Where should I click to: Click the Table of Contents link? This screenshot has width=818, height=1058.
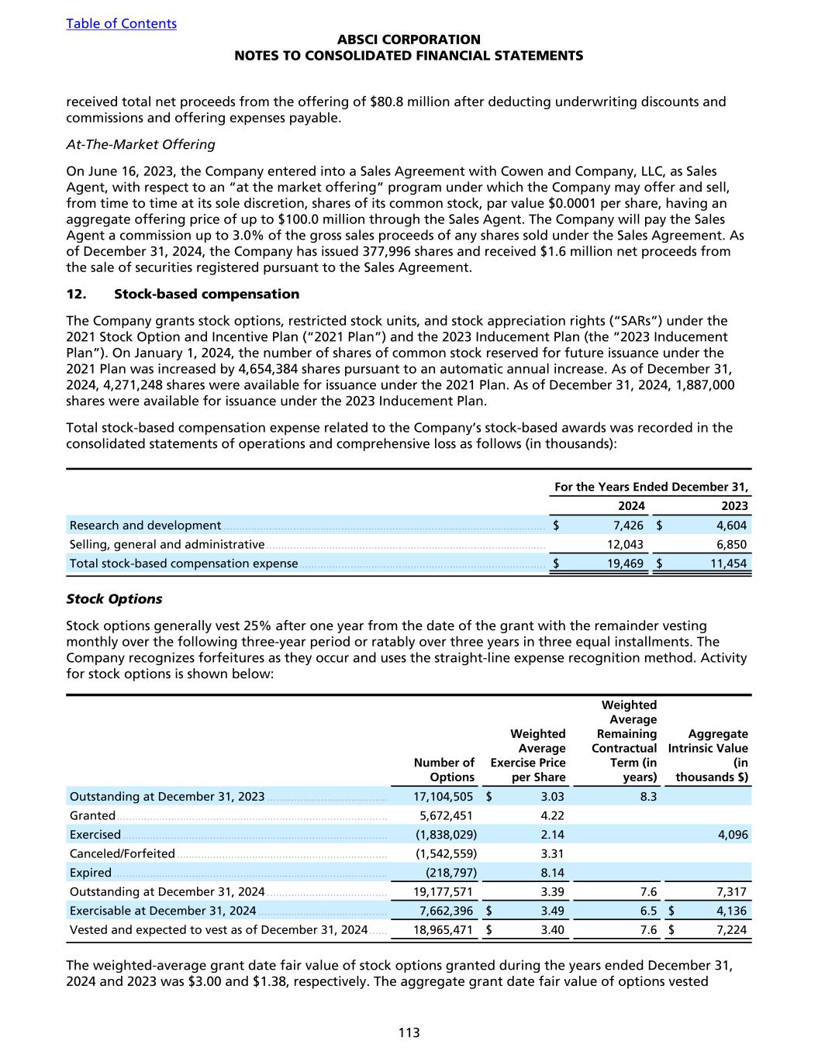point(121,23)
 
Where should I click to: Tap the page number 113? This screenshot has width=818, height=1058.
point(409,1032)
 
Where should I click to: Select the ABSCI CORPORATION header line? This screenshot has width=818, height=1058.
point(409,40)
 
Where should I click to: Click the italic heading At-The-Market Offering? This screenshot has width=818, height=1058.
point(140,144)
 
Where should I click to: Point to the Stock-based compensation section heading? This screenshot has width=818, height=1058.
point(206,294)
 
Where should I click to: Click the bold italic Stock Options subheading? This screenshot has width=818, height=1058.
point(114,599)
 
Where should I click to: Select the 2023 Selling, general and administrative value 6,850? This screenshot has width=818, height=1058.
point(731,545)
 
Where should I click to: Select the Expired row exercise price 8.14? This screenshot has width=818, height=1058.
point(552,873)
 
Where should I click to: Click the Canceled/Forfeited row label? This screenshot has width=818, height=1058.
point(122,854)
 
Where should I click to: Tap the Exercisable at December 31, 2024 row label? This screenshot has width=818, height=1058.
point(163,911)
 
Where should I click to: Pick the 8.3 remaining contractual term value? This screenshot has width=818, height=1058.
point(648,797)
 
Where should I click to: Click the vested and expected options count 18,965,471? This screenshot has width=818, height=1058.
point(441,930)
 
